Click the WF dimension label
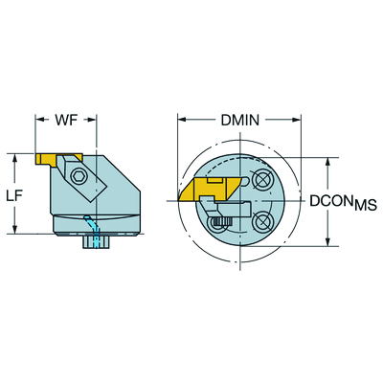(x=66, y=120)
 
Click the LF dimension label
(x=14, y=196)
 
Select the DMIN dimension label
(x=240, y=120)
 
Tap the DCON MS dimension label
(x=344, y=202)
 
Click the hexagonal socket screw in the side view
(x=77, y=175)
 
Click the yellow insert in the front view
(x=208, y=190)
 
